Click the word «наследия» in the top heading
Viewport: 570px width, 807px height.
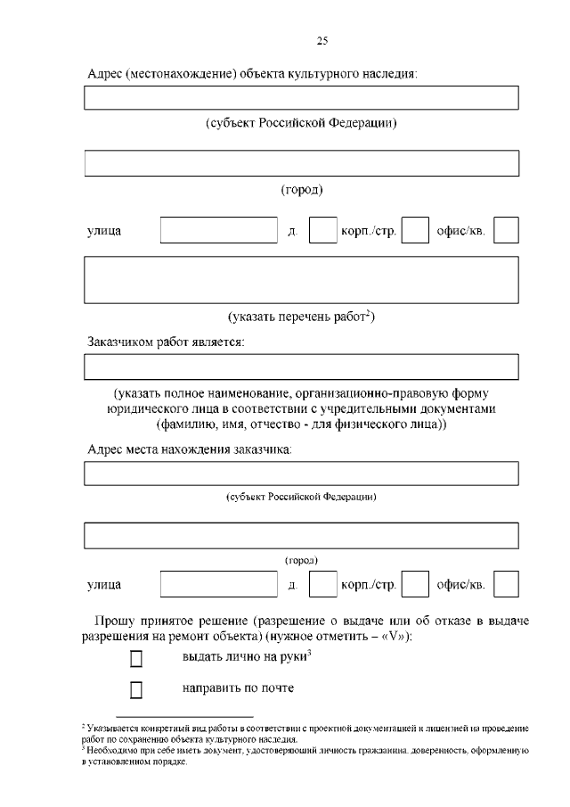[388, 74]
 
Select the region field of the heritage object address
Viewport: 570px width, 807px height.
[301, 98]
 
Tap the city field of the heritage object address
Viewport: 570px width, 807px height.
[301, 163]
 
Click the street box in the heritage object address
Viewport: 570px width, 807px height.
[219, 231]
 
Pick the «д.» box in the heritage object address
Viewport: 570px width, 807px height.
[322, 231]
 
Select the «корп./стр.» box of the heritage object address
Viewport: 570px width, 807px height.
[415, 231]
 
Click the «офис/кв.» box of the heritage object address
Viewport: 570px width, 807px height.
[506, 231]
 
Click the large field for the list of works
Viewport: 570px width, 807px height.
[301, 280]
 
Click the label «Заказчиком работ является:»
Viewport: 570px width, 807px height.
[166, 341]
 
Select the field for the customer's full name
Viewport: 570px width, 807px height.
[301, 366]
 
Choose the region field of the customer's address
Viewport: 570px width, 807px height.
[301, 473]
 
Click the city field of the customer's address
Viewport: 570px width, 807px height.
[301, 535]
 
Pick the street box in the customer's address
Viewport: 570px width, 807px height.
[219, 584]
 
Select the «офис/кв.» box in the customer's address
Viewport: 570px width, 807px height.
[506, 584]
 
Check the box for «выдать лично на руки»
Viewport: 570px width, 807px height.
[136, 659]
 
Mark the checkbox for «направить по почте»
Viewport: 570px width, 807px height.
[136, 689]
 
